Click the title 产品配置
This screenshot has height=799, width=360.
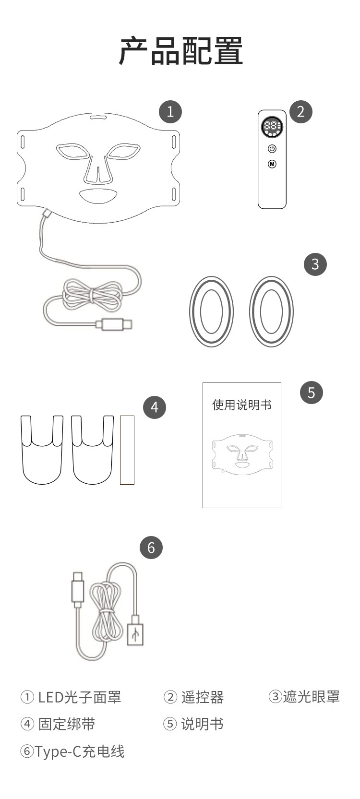pos(180,51)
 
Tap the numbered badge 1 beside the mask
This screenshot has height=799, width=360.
pos(170,112)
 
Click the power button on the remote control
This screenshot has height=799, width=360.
pos(272,148)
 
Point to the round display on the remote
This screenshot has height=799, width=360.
pos(272,127)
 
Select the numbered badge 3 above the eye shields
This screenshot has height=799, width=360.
pos(315,264)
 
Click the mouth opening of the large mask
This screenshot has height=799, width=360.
pos(99,196)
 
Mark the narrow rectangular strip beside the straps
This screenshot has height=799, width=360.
pos(127,450)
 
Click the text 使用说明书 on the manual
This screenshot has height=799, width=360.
pos(242,405)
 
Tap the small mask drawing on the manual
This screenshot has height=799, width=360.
pos(242,454)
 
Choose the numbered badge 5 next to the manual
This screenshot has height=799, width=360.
pos(312,393)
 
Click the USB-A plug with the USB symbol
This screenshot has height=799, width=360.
pos(135,633)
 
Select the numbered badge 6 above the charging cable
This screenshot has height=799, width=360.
pos(151,548)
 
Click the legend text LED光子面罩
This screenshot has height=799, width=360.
pos(80,697)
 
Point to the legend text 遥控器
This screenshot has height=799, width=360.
pos(202,697)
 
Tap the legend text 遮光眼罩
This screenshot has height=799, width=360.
pos(311,696)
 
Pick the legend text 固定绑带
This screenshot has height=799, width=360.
pos(67,724)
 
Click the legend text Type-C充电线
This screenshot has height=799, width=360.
pos(79,751)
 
